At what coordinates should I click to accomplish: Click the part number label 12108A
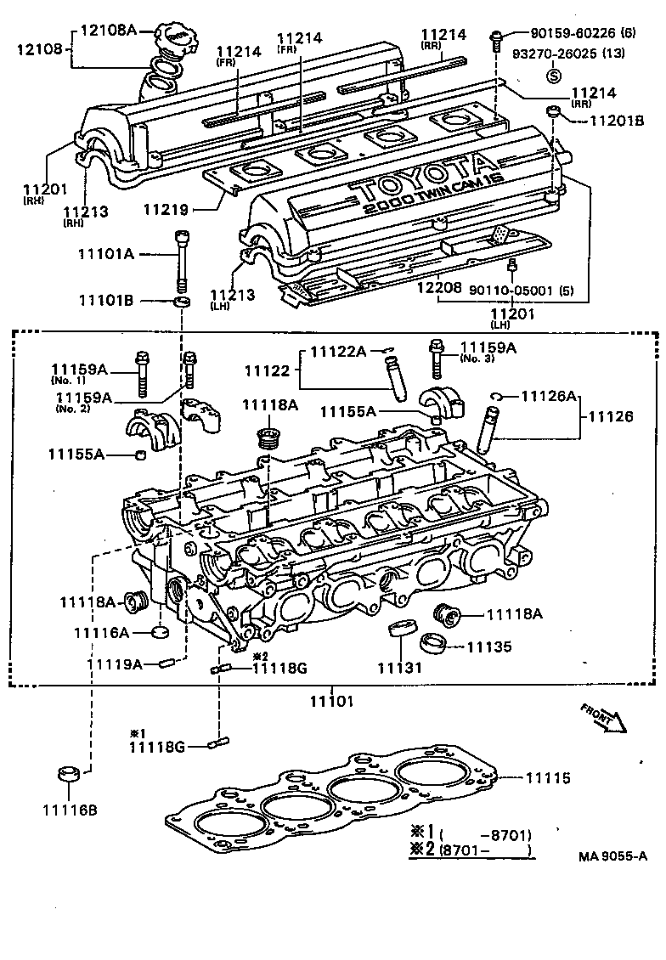(x=108, y=30)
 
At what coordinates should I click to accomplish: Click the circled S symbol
(x=554, y=76)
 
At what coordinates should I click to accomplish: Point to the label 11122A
(x=338, y=351)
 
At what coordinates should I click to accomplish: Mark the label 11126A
(x=549, y=395)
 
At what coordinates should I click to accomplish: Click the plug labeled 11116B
(x=68, y=775)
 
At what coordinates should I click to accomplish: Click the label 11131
(x=399, y=668)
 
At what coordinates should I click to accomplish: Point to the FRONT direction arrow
(x=603, y=716)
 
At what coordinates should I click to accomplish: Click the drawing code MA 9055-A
(x=612, y=856)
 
